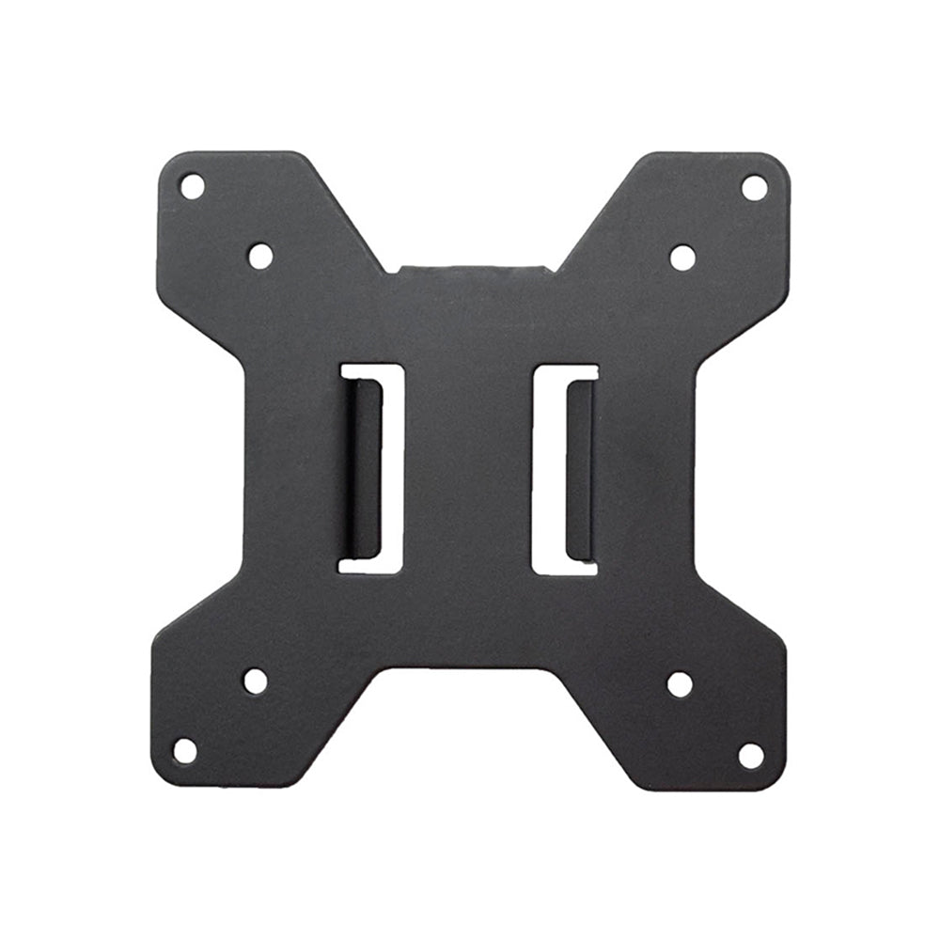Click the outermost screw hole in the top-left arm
[192, 186]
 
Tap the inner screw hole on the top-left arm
[260, 256]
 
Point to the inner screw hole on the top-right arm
[682, 258]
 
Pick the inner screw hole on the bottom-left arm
[256, 681]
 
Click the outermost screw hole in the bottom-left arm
[185, 750]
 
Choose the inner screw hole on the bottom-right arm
[680, 684]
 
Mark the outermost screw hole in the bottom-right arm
[750, 755]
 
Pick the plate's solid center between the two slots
[470, 470]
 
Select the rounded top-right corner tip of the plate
[778, 164]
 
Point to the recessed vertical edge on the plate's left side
[245, 470]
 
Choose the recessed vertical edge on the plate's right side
[697, 470]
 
